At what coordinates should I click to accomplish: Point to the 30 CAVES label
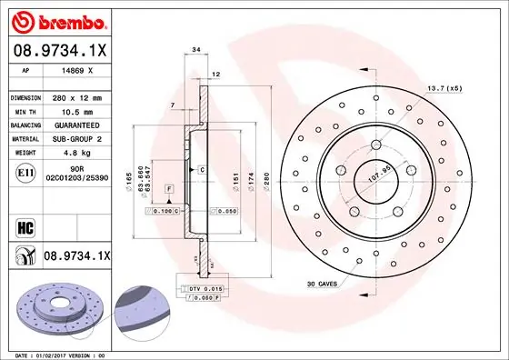(323, 284)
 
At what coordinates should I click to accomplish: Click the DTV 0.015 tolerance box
(203, 287)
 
